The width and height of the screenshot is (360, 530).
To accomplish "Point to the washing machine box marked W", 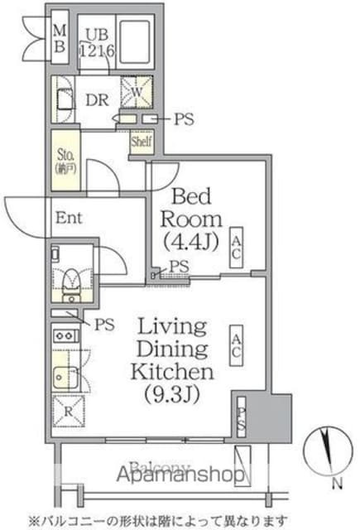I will [x=132, y=91].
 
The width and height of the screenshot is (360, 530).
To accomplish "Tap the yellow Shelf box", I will [x=139, y=142].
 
